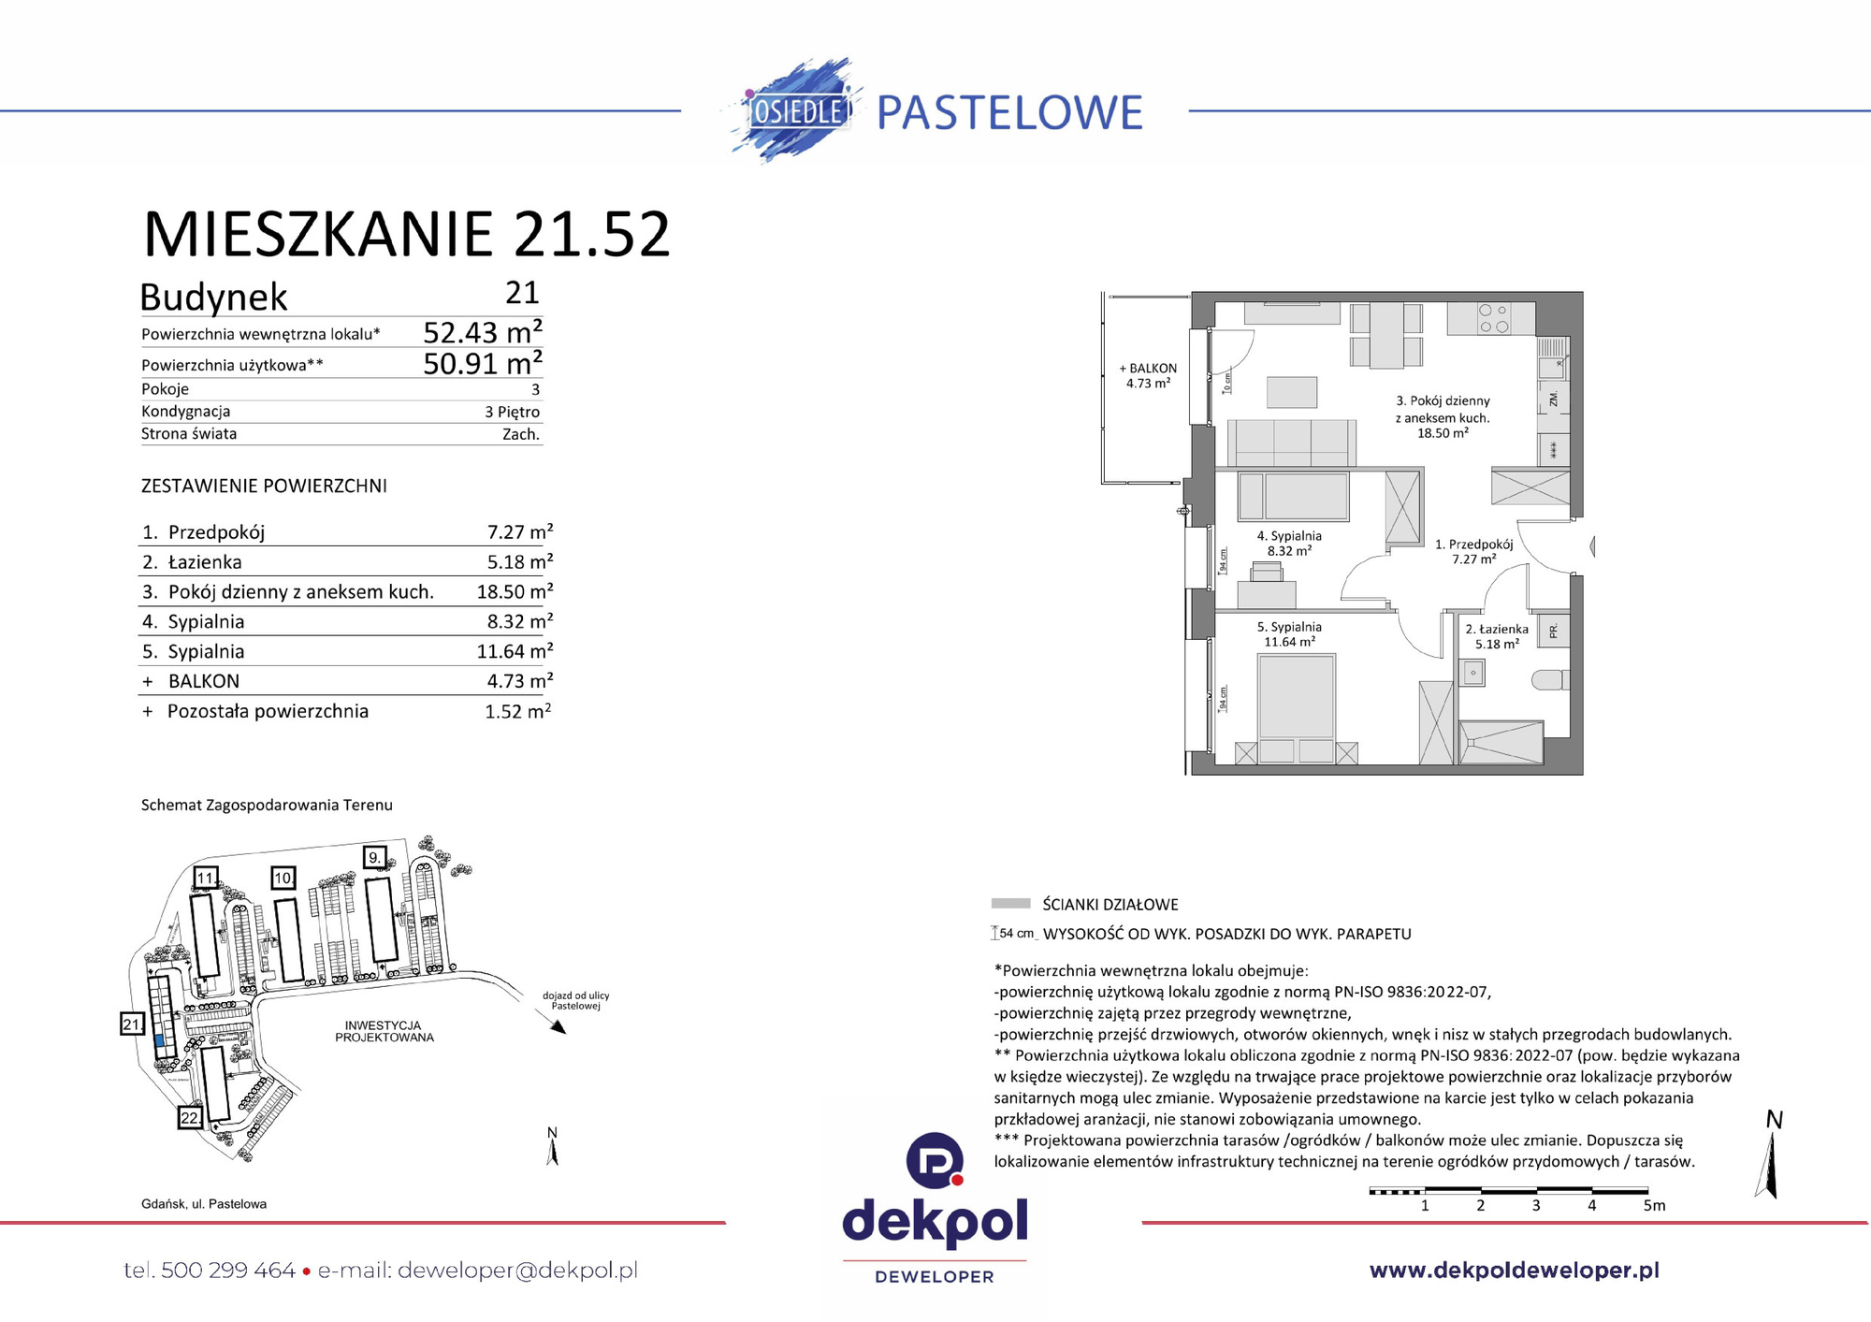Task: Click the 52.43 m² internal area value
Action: pos(482,332)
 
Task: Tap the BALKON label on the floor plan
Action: pos(1148,369)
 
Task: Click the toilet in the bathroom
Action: pos(1549,679)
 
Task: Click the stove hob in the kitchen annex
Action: pos(1492,318)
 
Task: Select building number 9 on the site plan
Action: pos(374,857)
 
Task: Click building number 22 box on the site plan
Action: pos(190,1117)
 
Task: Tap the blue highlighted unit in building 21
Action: pos(159,1040)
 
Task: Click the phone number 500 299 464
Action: pos(227,1271)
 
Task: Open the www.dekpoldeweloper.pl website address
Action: pos(1514,1271)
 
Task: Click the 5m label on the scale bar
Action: pos(1654,1205)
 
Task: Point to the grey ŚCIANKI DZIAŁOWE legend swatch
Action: pos(1010,904)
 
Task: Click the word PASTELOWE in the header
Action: pos(1009,113)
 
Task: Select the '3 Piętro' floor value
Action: pos(512,412)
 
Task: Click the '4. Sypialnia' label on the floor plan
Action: pos(1288,536)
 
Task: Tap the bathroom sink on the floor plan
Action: pos(1472,672)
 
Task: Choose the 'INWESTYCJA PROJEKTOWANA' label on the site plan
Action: pos(384,1031)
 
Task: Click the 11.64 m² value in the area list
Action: pos(515,651)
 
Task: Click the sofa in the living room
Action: pos(1291,442)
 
